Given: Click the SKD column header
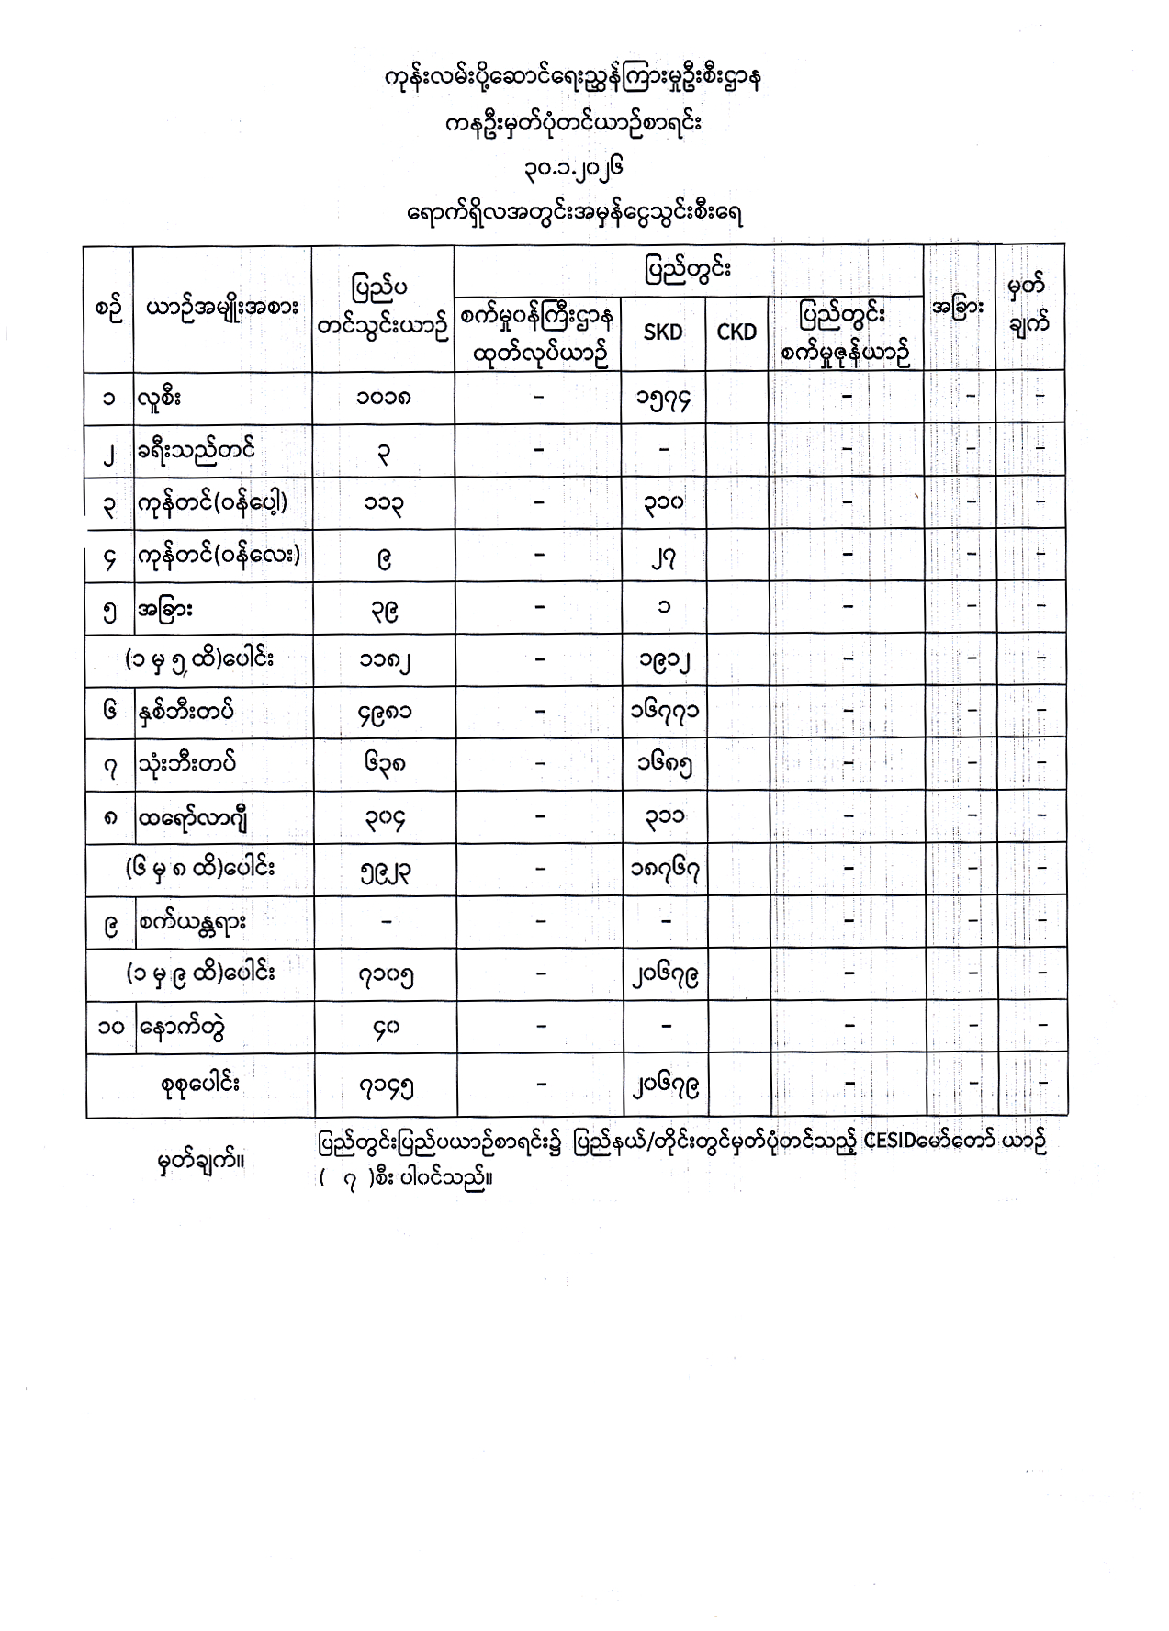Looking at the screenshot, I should [x=662, y=332].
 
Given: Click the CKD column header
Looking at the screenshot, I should [x=736, y=332].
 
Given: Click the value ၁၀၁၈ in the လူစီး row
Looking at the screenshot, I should [x=384, y=399].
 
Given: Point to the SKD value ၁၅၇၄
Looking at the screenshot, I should [x=663, y=399].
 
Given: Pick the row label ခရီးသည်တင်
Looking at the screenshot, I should [x=196, y=451].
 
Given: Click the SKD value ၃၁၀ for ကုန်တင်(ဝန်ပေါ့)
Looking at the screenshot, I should [x=663, y=502].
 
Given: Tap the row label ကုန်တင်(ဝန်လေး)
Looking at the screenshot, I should [x=219, y=555].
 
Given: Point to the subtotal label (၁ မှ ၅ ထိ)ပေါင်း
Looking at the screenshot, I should [x=199, y=659].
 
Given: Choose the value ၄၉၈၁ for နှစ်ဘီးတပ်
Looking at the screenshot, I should [x=384, y=713].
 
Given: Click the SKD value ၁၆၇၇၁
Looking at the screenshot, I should [x=663, y=713].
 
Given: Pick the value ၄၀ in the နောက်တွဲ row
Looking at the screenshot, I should [x=384, y=1028].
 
